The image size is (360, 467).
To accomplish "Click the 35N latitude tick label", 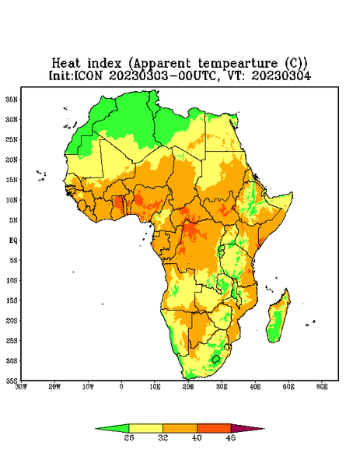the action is point(12,100).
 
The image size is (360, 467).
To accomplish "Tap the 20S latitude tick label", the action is point(12,321).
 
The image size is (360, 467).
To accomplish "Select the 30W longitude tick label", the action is point(21,387).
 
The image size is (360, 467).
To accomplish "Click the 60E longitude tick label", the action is point(322,387).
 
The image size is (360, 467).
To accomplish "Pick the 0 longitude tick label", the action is point(121,387).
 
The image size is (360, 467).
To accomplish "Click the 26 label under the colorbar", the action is point(129,437).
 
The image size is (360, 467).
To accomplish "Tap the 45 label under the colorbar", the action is point(231,437).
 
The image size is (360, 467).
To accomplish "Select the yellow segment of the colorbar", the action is point(145,429).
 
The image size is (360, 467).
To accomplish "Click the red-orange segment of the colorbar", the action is point(214,429).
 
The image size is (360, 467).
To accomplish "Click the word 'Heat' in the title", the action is point(66,64).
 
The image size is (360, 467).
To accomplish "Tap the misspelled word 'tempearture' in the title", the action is point(238,64).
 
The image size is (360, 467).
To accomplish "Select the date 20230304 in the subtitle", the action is point(281,75).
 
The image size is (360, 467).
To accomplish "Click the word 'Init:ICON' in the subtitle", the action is point(76,75).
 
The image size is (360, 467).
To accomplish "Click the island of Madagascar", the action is point(278,318).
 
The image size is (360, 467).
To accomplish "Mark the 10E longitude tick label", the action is point(155,387).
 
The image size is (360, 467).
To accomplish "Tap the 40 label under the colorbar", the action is point(197,437).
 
